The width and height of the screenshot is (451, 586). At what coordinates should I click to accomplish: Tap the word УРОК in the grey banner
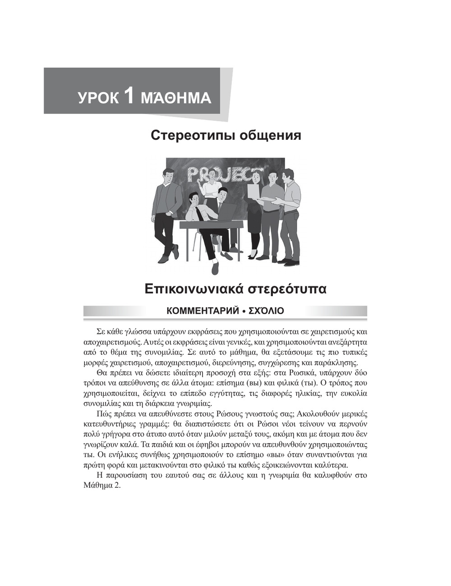[x=98, y=98]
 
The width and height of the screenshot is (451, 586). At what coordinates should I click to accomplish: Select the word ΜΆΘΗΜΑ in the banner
[x=176, y=98]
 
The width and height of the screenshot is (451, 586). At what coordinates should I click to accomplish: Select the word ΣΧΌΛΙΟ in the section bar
[x=265, y=311]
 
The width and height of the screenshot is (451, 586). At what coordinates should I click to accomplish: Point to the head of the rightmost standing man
[x=288, y=174]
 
